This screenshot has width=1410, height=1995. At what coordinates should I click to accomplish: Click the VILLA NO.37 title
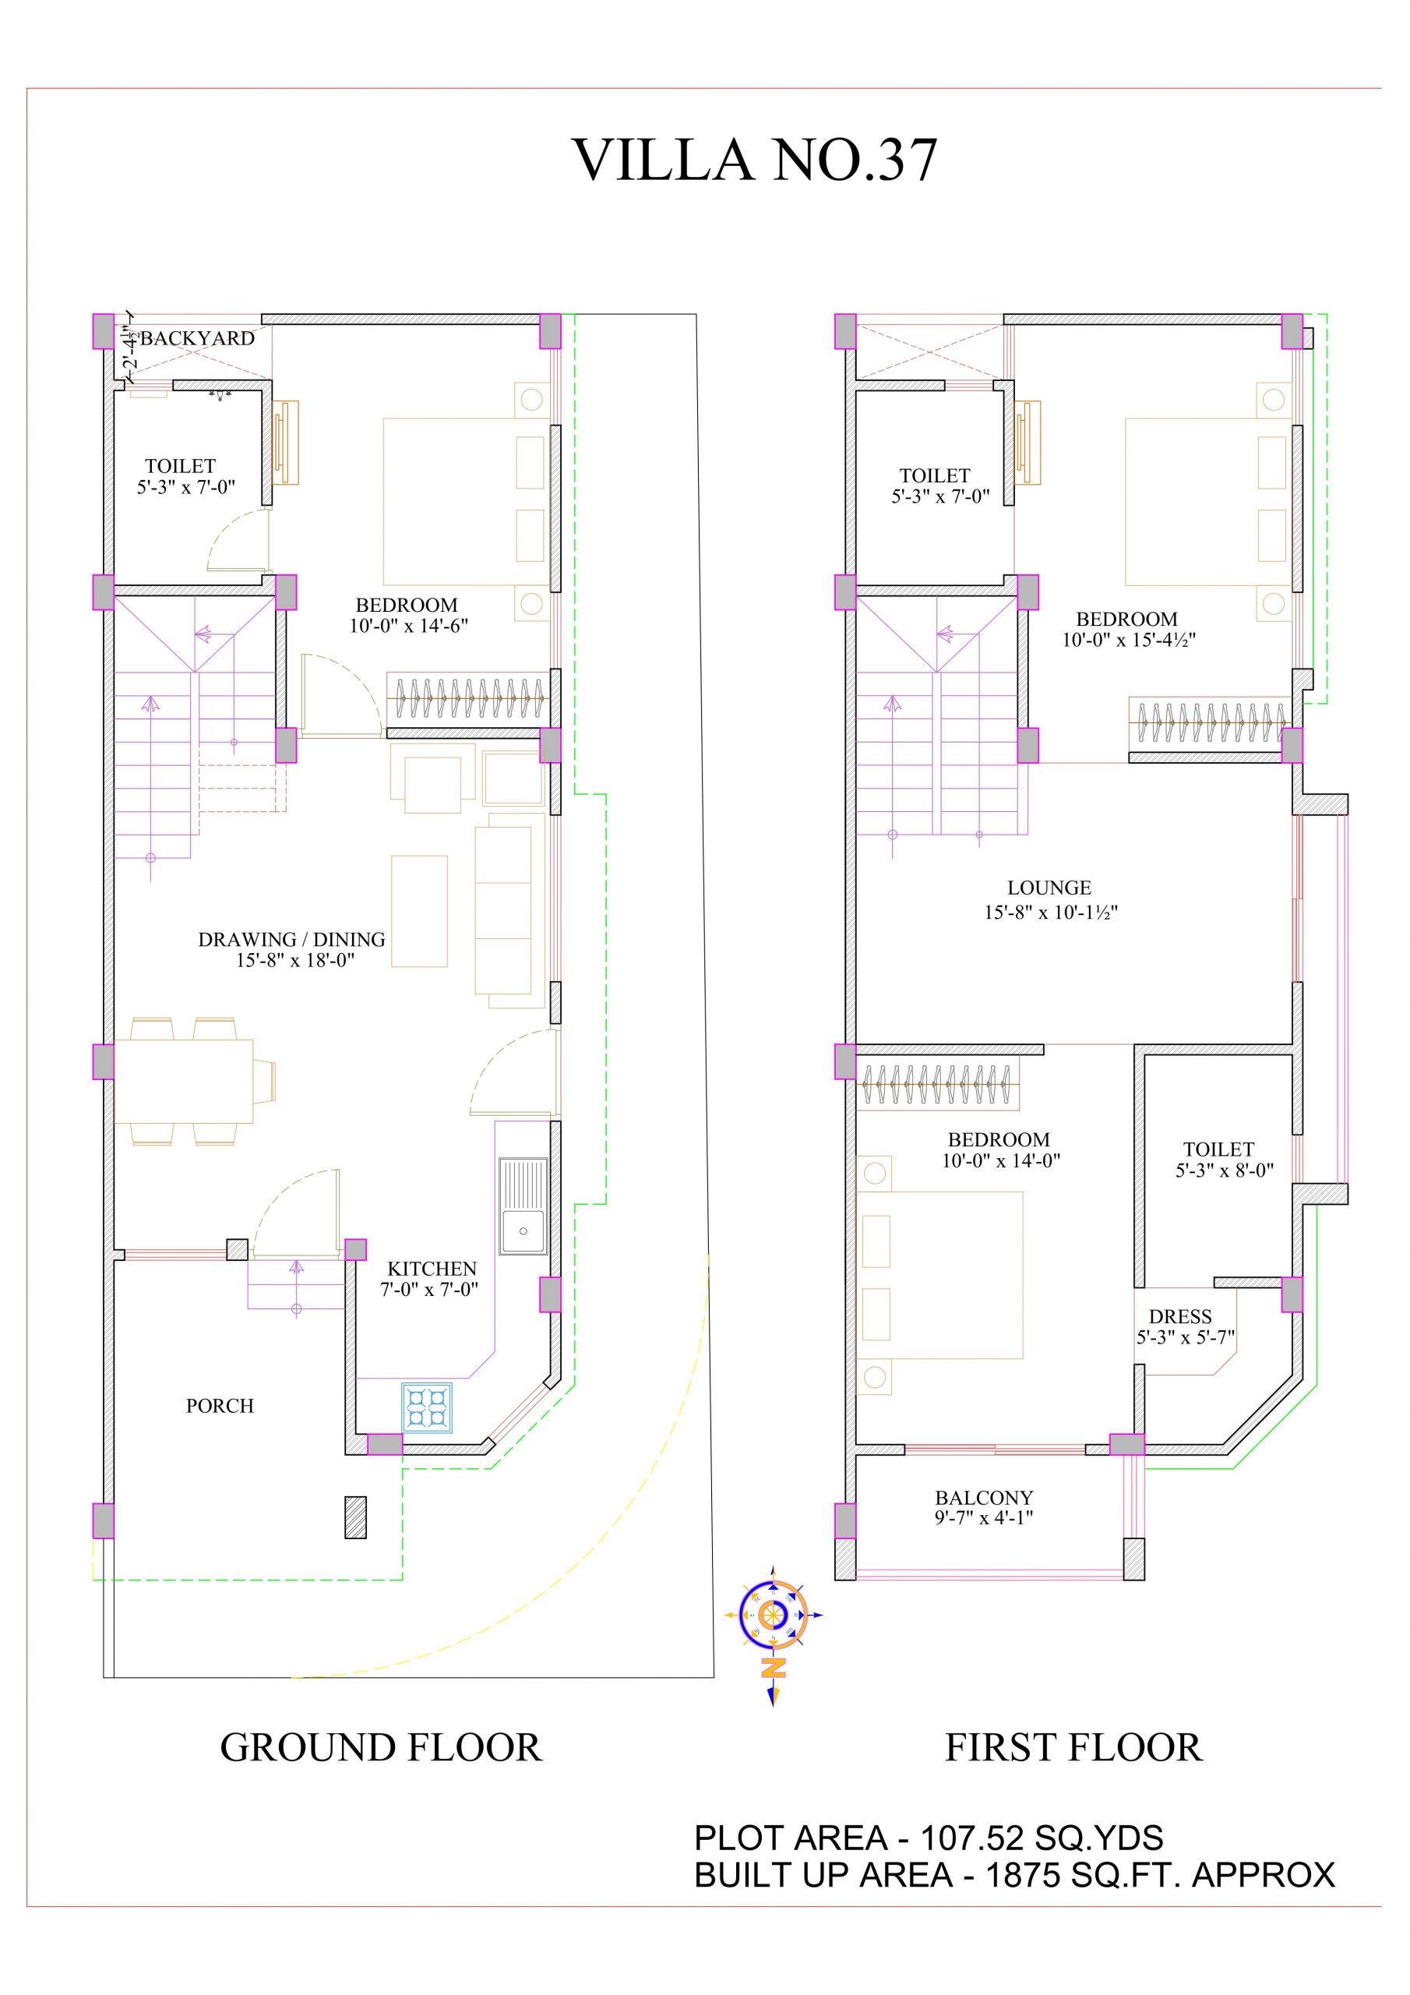click(x=755, y=160)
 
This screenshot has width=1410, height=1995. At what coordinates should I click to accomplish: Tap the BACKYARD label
click(x=197, y=338)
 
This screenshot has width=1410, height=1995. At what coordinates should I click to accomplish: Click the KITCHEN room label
click(x=432, y=1269)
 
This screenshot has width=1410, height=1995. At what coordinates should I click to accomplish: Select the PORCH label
click(x=220, y=1406)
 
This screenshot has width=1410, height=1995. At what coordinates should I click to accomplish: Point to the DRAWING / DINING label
click(x=292, y=939)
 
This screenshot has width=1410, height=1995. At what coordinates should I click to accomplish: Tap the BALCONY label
click(x=985, y=1498)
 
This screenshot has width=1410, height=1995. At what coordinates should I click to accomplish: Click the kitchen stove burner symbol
click(x=427, y=1407)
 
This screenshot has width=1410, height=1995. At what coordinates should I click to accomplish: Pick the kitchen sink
click(x=523, y=1205)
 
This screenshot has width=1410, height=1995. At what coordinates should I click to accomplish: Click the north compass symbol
click(x=772, y=1616)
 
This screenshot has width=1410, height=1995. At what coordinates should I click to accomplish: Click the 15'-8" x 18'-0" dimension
click(x=295, y=961)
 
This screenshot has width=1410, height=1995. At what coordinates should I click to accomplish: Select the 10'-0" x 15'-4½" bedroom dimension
click(x=1129, y=641)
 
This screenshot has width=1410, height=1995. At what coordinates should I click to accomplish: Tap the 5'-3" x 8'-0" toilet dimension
click(x=1225, y=1171)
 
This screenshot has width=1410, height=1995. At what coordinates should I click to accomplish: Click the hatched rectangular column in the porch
click(x=355, y=1541)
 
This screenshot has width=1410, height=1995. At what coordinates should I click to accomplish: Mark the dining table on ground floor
click(x=183, y=1081)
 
